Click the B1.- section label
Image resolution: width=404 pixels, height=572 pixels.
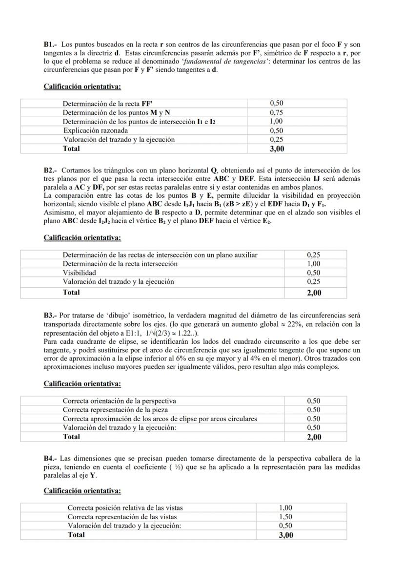50,44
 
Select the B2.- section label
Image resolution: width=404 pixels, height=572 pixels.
50,170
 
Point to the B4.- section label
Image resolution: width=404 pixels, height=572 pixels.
50,459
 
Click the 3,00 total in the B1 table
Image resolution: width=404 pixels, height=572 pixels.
277,148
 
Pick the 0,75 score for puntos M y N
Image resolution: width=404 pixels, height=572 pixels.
277,112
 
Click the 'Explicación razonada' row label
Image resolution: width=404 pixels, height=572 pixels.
96,130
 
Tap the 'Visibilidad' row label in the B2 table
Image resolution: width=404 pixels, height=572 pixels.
79,273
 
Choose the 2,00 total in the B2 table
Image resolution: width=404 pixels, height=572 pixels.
314,293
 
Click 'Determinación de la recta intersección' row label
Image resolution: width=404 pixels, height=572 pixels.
120,264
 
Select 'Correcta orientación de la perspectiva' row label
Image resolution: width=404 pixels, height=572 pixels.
120,401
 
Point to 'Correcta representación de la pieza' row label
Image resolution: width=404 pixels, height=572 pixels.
115,410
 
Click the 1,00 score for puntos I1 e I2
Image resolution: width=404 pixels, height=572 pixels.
277,121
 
